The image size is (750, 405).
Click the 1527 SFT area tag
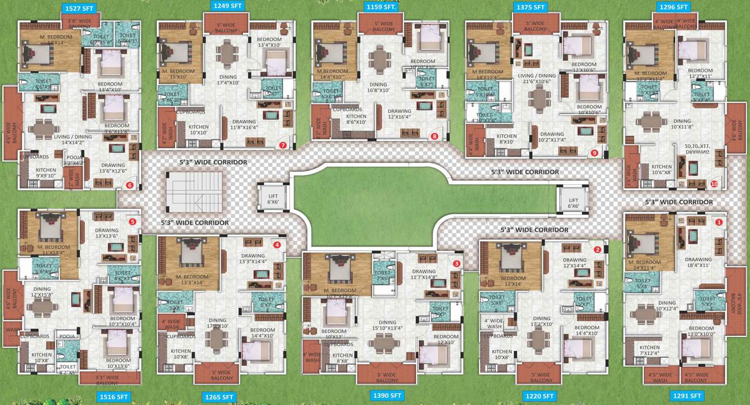tap(80, 8)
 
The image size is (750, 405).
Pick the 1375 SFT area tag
tap(531, 7)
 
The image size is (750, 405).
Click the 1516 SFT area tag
tap(115, 397)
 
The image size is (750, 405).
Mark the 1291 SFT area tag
tap(687, 396)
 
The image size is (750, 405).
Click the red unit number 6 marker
tap(130, 185)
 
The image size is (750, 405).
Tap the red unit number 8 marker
tap(434, 136)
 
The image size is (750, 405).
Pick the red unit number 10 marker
tap(714, 184)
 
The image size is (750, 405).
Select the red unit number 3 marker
tap(456, 263)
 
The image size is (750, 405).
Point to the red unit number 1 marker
tap(719, 222)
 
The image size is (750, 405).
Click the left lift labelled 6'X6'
tap(273, 198)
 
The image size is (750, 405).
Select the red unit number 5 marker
tap(132, 221)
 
